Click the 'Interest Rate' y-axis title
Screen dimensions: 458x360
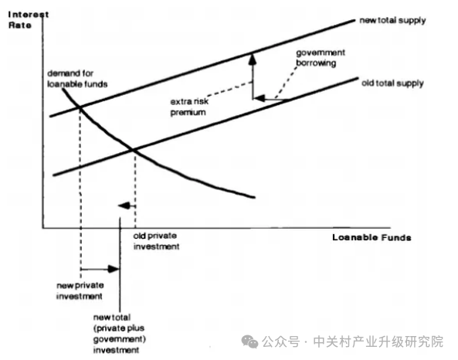pos(29,20)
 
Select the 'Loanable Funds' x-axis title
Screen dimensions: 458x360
pos(371,238)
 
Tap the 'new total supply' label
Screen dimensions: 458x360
pos(392,21)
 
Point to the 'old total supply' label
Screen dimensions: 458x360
pos(392,83)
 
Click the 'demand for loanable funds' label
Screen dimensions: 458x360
pos(77,79)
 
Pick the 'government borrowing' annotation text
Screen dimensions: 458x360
pos(321,58)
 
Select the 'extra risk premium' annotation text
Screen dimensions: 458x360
pos(189,107)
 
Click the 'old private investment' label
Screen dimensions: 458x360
pos(156,241)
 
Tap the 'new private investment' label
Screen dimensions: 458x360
pos(80,290)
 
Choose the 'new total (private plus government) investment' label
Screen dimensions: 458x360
pos(119,334)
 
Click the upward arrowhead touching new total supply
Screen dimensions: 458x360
pos(253,59)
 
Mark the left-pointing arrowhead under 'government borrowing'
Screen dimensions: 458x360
pos(260,98)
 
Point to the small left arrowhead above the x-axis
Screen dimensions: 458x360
pos(124,205)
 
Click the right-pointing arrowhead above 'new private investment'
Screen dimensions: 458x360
pos(114,269)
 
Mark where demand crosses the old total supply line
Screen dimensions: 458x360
pos(133,150)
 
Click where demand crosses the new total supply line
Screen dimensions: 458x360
pos(80,108)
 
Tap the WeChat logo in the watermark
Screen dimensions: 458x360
pos(249,341)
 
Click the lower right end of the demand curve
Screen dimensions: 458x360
pos(255,198)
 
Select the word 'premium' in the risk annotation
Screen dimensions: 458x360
pos(188,113)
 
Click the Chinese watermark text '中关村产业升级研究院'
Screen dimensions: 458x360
pos(378,341)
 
